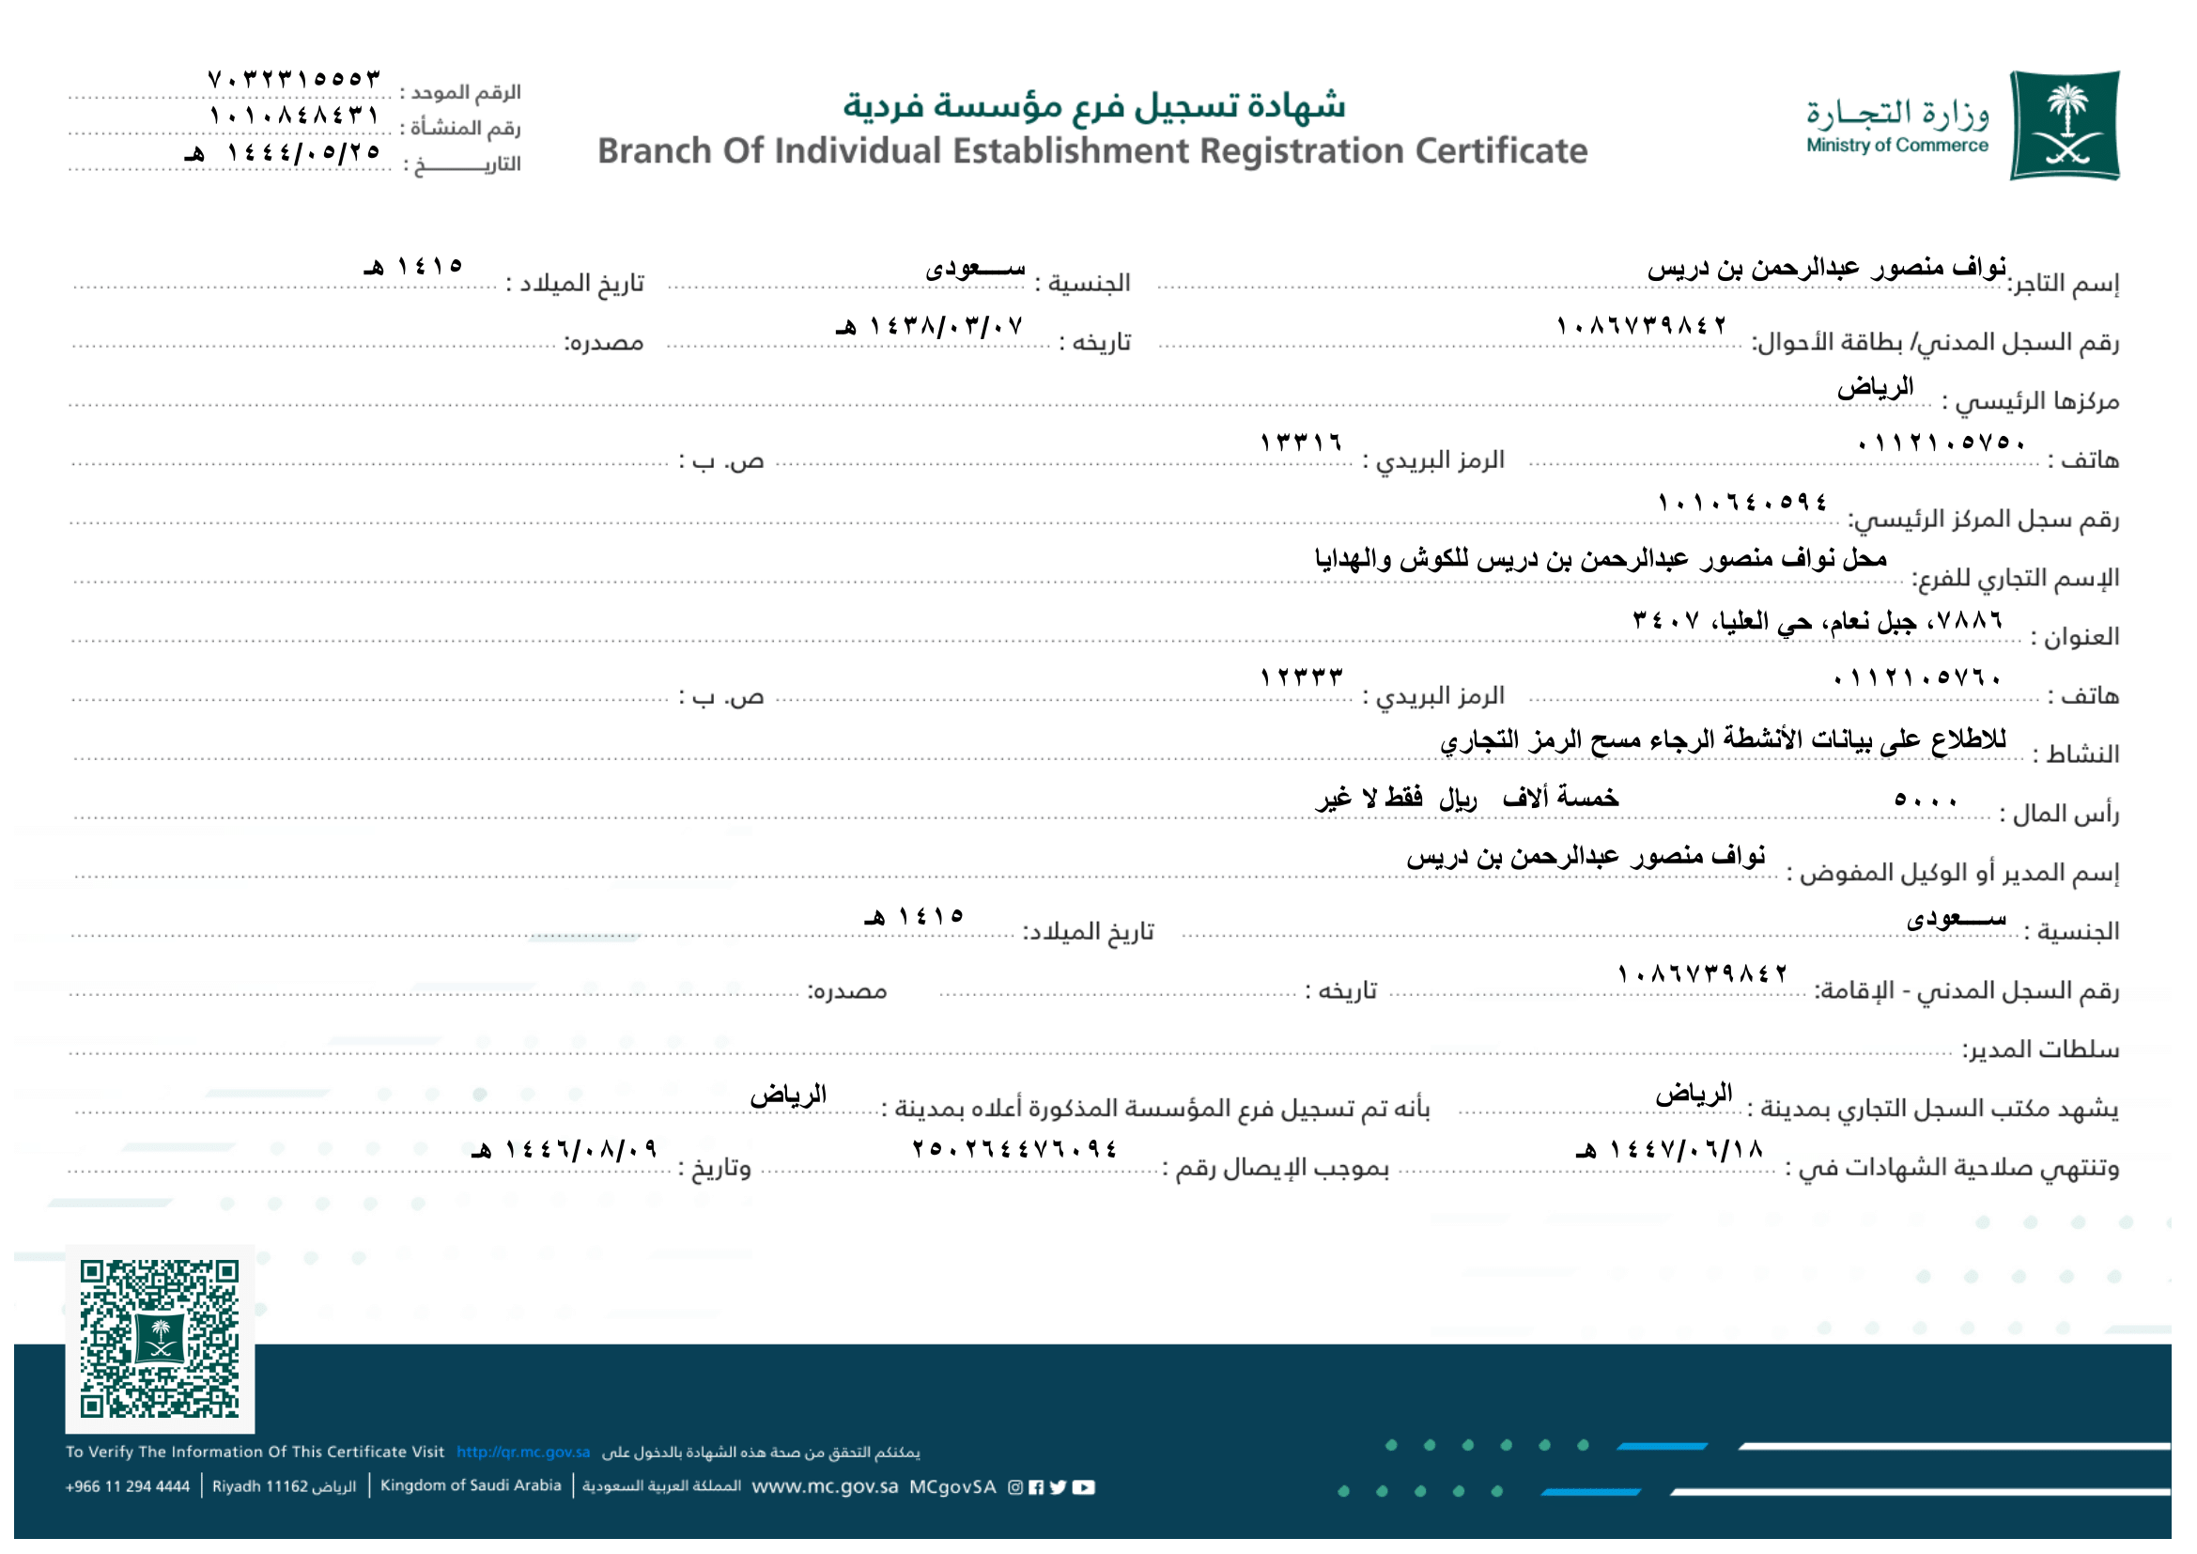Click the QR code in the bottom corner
pos(160,1340)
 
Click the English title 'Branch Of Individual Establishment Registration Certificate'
pos(1091,151)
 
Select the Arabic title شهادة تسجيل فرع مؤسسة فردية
pos(1093,104)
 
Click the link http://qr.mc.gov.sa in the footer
pos(522,1453)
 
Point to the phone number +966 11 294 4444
pos(127,1487)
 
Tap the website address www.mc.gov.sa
pos(825,1487)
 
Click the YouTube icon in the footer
pos(1083,1488)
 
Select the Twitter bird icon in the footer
pos(1058,1488)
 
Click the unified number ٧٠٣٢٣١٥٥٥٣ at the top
pos(295,79)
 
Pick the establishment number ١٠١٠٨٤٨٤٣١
pos(295,116)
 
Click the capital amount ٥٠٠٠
pos(1926,800)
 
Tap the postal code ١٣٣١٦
pos(1301,443)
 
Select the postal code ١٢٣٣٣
pos(1301,677)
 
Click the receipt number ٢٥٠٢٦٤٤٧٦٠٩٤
pos(1014,1149)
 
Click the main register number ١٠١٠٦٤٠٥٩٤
pos(1742,503)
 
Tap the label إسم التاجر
pos(2064,283)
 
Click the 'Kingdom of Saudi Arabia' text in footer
pos(471,1486)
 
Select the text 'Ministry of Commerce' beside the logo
pos(1896,146)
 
